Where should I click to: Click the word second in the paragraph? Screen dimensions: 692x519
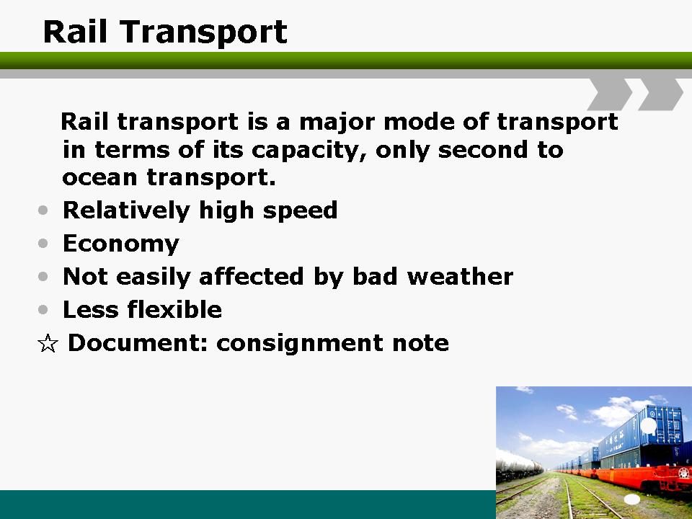click(x=483, y=150)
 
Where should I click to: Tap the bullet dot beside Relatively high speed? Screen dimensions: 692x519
click(x=43, y=210)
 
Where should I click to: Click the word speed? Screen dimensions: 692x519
click(x=300, y=210)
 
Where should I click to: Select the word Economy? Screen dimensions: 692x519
click(x=121, y=244)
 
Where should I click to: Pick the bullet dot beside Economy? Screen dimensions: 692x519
click(x=43, y=243)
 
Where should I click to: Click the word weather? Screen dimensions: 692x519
click(x=460, y=277)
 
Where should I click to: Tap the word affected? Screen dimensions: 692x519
click(x=251, y=277)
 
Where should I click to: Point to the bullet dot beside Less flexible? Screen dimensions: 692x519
click(x=43, y=309)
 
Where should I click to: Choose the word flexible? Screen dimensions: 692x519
click(x=174, y=309)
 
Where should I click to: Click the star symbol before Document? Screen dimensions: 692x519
click(x=48, y=343)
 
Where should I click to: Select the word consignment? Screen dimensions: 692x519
click(x=300, y=343)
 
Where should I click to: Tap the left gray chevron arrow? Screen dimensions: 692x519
click(x=610, y=94)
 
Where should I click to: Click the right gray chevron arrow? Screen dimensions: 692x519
click(x=661, y=94)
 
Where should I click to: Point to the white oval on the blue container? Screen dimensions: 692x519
click(x=648, y=425)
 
